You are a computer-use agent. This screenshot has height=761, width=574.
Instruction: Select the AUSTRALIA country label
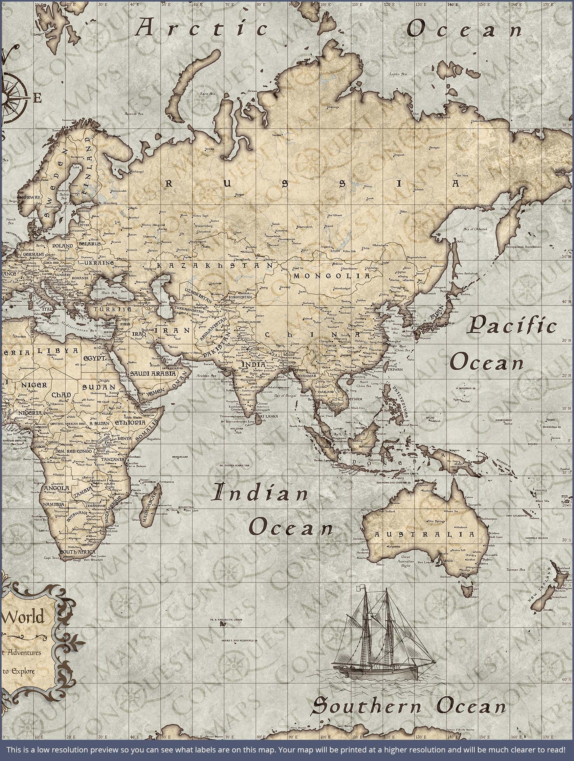pyautogui.click(x=424, y=534)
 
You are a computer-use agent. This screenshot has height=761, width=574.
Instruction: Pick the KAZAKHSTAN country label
pyautogui.click(x=215, y=265)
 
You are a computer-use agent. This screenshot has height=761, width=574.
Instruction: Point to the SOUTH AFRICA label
pyautogui.click(x=77, y=552)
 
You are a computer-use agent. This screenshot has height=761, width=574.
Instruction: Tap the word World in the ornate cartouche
pyautogui.click(x=24, y=617)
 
